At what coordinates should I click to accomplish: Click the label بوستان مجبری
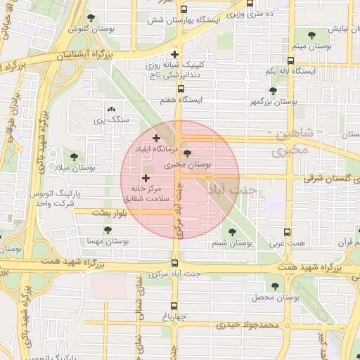click(x=186, y=166)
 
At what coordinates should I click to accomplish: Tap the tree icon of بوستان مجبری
click(x=186, y=154)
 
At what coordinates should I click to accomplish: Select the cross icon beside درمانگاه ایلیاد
click(x=156, y=138)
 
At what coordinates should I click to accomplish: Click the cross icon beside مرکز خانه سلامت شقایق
click(x=146, y=179)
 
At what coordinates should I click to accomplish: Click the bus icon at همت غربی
click(x=287, y=232)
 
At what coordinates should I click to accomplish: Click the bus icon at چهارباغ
click(x=174, y=305)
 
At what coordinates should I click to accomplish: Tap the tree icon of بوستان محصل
click(x=274, y=286)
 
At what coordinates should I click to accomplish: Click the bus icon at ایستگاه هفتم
click(x=181, y=89)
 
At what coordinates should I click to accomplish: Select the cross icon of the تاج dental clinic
click(x=174, y=54)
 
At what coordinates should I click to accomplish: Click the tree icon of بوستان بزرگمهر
click(x=273, y=90)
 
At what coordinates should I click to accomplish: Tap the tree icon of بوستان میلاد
click(x=74, y=156)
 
